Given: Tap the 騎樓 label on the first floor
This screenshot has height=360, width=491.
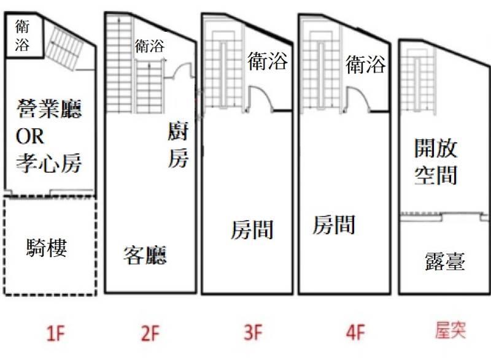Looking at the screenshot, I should (x=47, y=248).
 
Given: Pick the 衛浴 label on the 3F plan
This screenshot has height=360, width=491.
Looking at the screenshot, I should (x=268, y=61).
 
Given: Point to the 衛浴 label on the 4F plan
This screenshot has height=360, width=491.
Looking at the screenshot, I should (x=366, y=64).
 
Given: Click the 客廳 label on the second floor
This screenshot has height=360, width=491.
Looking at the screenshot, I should (x=145, y=254).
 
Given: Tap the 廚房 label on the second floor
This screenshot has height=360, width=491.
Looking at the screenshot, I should (x=178, y=146).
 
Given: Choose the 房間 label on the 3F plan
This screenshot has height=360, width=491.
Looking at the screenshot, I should (x=252, y=230).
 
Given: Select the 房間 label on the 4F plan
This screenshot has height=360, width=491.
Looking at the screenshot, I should (x=334, y=225).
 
